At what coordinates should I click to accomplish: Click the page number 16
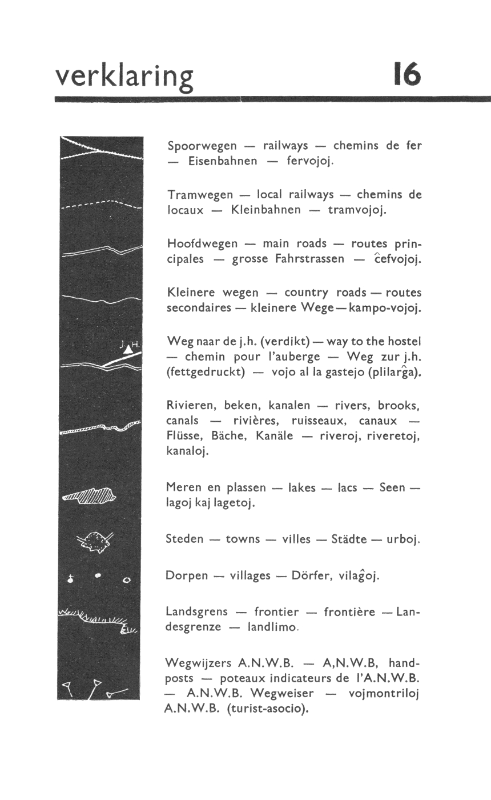[407, 75]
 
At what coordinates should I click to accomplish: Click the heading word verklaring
[124, 77]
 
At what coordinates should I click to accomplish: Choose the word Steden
[184, 539]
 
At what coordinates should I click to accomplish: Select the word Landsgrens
[196, 612]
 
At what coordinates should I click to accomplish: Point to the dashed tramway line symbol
[100, 205]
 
